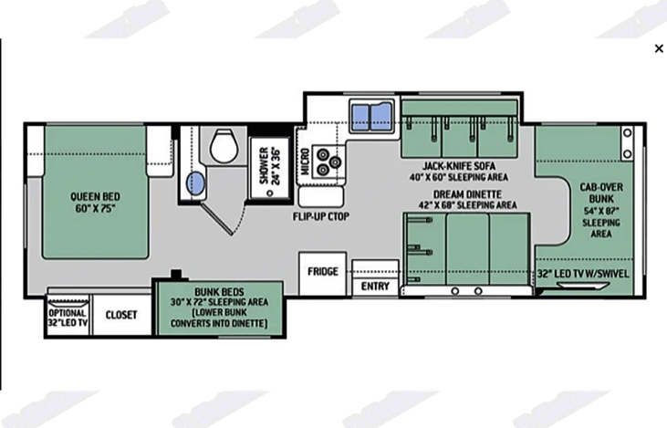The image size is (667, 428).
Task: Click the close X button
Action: pyautogui.click(x=659, y=49)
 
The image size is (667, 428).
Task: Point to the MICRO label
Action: pyautogui.click(x=307, y=164)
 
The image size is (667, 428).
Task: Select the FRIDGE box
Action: pyautogui.click(x=322, y=271)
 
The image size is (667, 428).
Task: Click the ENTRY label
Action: pyautogui.click(x=375, y=286)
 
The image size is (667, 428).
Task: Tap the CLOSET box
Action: pyautogui.click(x=121, y=315)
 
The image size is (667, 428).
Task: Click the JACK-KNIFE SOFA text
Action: pyautogui.click(x=459, y=166)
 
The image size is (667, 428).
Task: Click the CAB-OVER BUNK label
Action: pyautogui.click(x=601, y=193)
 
